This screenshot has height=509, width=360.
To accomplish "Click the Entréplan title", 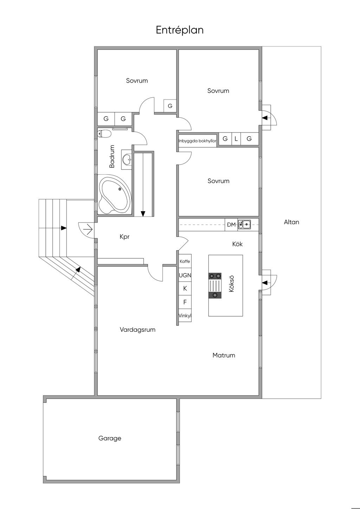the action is tap(180, 30).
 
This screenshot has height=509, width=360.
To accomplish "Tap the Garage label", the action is tap(110, 438).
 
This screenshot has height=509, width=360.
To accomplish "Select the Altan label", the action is tap(291, 222).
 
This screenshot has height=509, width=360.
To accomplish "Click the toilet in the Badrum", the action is tap(104, 133).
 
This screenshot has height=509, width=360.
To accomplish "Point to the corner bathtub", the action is tap(115, 194).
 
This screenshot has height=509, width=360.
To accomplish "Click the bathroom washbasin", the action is tap(127, 159).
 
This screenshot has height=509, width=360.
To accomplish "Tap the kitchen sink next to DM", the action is tap(244, 225).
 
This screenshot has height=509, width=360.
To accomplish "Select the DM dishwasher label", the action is tap(231, 225).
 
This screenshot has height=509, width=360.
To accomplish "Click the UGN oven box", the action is tap(185, 275).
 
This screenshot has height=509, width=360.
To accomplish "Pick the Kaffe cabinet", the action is tap(185, 261).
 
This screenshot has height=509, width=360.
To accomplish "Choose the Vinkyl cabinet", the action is tap(185, 315).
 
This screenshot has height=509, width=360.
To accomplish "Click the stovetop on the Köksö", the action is tap(215, 285).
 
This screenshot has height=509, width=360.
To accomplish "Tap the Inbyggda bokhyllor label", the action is tap(197, 141).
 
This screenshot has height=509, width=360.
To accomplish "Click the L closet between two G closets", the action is tap(236, 138).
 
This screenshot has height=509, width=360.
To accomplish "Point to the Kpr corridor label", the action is tap(124, 237).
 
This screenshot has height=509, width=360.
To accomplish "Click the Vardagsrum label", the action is tap(137, 329).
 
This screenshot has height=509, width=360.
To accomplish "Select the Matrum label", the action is tap(224, 355).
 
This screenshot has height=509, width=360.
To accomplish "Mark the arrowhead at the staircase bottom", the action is tap(143, 214).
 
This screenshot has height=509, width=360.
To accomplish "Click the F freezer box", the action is tap(185, 302).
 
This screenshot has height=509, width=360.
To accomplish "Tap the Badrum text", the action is tap(112, 156).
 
